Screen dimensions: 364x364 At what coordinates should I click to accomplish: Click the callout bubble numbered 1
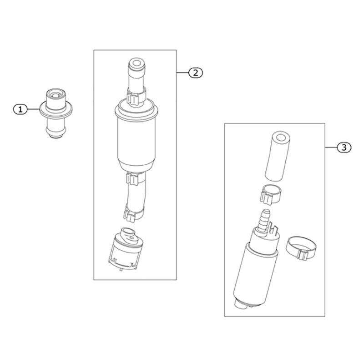(20, 109)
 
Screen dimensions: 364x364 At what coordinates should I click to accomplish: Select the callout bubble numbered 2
(196, 73)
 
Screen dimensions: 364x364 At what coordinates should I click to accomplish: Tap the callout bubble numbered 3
(344, 147)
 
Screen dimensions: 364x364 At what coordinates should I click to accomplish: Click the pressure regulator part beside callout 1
(56, 113)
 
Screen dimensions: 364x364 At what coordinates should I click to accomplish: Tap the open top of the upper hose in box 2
(137, 63)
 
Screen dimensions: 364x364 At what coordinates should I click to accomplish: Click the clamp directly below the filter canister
(135, 178)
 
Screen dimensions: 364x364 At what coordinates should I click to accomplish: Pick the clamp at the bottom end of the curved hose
(133, 213)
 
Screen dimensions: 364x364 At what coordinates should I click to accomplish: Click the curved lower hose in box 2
(136, 195)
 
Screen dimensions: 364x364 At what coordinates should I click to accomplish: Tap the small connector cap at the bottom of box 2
(126, 249)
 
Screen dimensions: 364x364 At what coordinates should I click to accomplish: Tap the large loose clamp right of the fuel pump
(301, 248)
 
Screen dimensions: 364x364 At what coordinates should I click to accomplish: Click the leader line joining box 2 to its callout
(182, 73)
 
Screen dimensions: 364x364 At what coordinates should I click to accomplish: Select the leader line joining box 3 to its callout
(331, 147)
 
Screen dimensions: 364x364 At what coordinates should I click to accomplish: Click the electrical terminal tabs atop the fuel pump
(273, 228)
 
